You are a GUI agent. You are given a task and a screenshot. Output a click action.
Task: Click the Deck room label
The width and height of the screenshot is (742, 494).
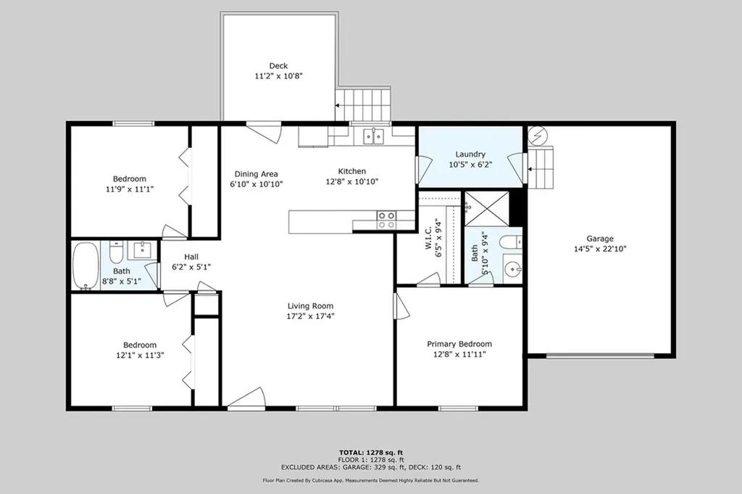point(278,66)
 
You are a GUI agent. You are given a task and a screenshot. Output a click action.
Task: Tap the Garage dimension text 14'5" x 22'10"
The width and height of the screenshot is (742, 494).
point(600,249)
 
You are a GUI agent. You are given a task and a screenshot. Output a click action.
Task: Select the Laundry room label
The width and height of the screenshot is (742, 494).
point(470,154)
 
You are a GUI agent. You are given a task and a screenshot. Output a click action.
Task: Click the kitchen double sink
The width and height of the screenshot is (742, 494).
point(374,136)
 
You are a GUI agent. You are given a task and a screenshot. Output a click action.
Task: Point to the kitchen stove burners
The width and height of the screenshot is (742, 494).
point(386,221)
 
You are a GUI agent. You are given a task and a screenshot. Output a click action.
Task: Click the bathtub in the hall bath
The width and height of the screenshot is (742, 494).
point(86,265)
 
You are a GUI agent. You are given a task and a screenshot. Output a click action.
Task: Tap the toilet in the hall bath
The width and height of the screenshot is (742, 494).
point(117,252)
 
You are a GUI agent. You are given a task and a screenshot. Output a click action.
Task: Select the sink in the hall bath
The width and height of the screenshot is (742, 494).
point(141,249)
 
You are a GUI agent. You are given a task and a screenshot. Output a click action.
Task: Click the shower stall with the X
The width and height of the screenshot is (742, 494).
point(487,208)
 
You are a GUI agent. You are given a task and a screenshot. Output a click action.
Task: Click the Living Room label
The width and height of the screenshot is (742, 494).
point(310,306)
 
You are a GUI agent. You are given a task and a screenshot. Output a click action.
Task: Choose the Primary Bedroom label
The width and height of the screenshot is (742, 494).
point(459,344)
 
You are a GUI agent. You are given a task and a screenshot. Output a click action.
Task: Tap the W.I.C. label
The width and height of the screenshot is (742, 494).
point(428,238)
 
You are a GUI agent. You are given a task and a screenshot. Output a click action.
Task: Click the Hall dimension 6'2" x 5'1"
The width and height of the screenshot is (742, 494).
point(191,267)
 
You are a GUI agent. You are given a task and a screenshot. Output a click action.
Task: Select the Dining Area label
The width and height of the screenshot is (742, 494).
point(256,174)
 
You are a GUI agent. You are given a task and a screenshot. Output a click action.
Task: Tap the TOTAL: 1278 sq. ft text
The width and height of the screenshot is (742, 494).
point(370,453)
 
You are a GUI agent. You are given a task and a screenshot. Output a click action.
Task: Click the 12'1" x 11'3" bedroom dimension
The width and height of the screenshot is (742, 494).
point(140,355)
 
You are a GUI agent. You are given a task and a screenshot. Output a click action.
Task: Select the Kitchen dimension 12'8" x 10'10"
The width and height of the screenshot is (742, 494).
point(351,181)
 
